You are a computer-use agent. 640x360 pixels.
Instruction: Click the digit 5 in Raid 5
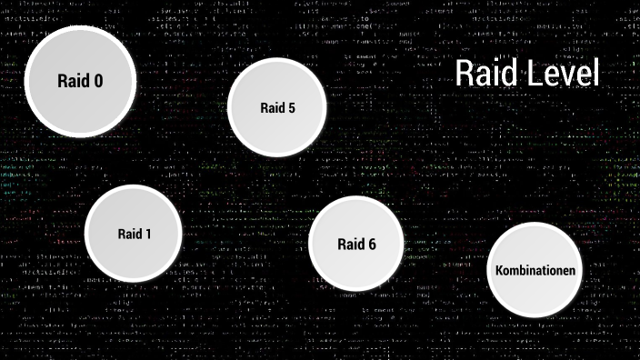291,108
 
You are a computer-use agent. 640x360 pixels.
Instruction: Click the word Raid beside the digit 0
73,81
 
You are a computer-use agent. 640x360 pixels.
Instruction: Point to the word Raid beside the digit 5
272,108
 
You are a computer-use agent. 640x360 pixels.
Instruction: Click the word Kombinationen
535,271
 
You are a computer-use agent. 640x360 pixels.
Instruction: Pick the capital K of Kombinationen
499,271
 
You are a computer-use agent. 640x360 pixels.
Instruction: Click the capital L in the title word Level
535,74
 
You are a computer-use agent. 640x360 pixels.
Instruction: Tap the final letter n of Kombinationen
572,272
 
